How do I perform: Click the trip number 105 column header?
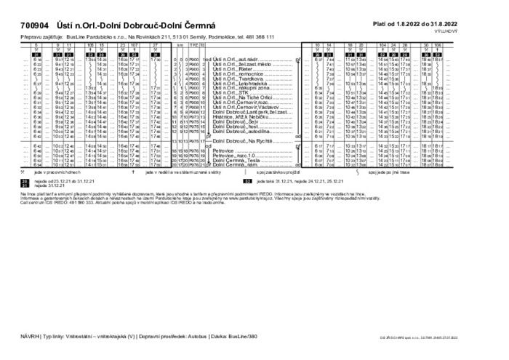point(90,45)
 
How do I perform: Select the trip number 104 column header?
point(382,45)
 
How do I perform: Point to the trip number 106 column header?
point(437,45)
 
